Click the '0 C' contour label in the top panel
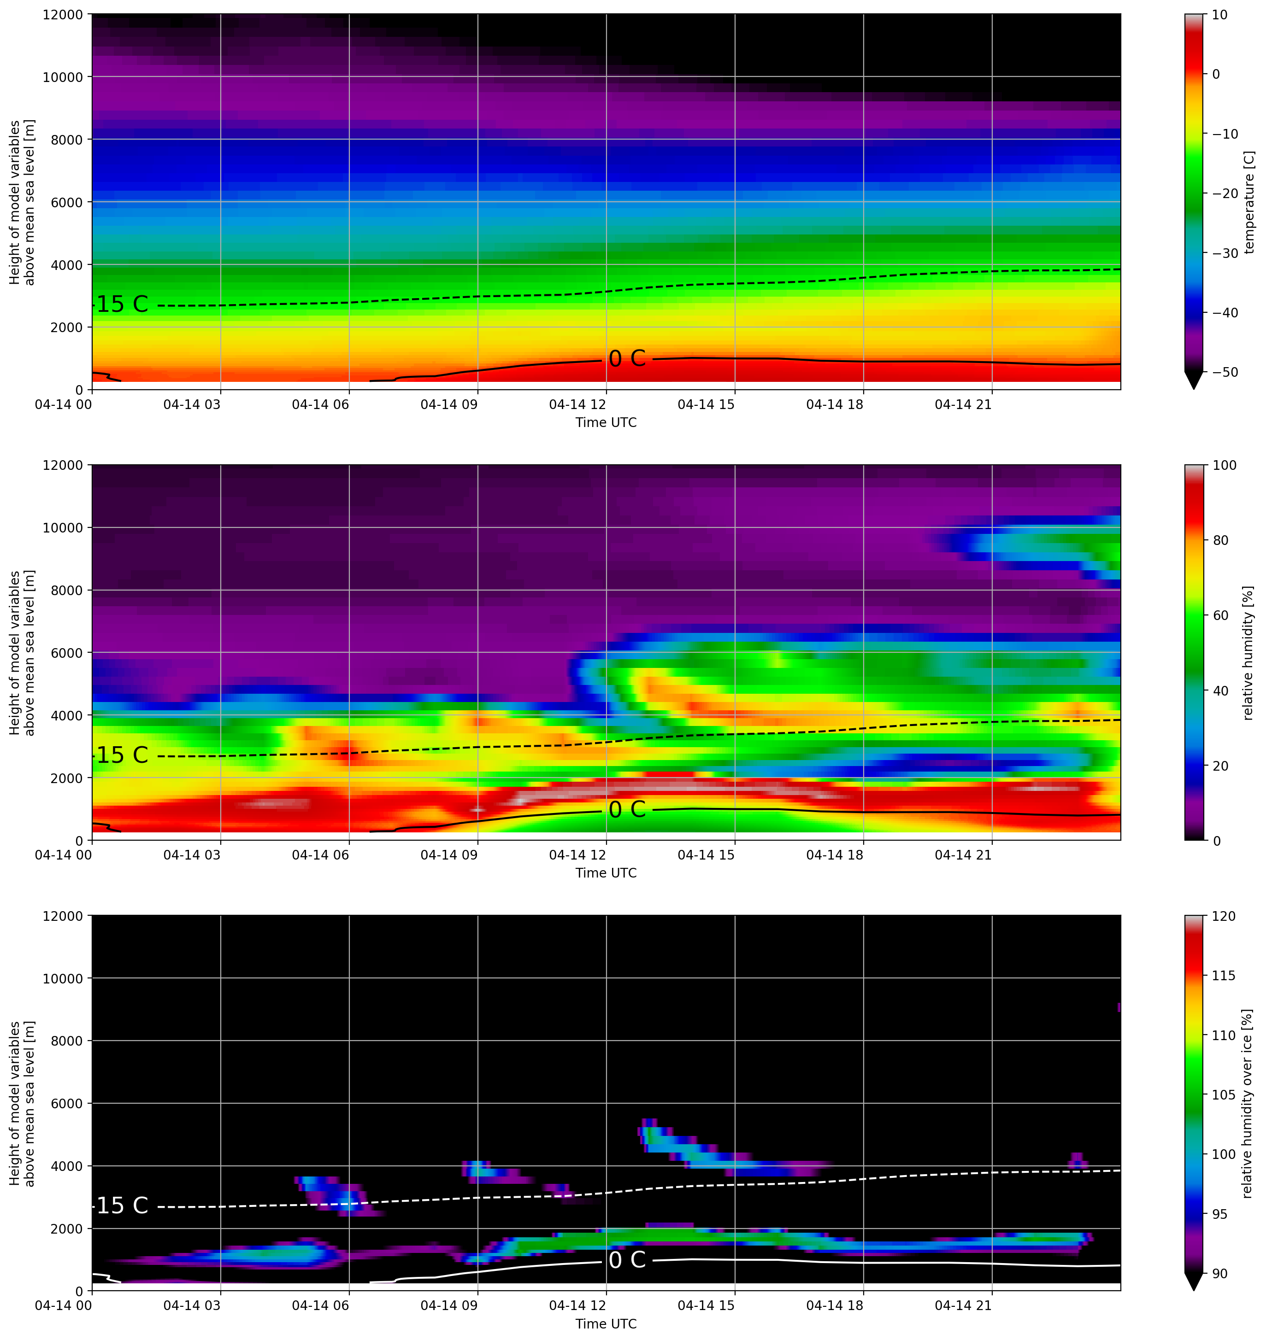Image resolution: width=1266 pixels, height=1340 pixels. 627,359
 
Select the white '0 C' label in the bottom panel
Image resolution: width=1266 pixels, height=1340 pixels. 627,1260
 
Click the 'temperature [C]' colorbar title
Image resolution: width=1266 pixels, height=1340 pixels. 1249,202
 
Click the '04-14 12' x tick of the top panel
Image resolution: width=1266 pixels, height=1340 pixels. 577,404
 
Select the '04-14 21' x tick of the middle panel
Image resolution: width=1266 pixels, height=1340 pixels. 963,855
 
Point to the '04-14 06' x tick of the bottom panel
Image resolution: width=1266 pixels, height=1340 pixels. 321,1305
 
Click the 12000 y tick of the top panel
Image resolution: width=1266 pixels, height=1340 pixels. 63,15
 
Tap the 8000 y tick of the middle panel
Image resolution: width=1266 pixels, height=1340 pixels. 67,591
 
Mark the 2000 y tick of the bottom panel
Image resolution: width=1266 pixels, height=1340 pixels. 67,1229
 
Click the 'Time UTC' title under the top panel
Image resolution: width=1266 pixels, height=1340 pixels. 606,423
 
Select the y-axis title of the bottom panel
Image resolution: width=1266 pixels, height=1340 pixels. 22,1104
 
